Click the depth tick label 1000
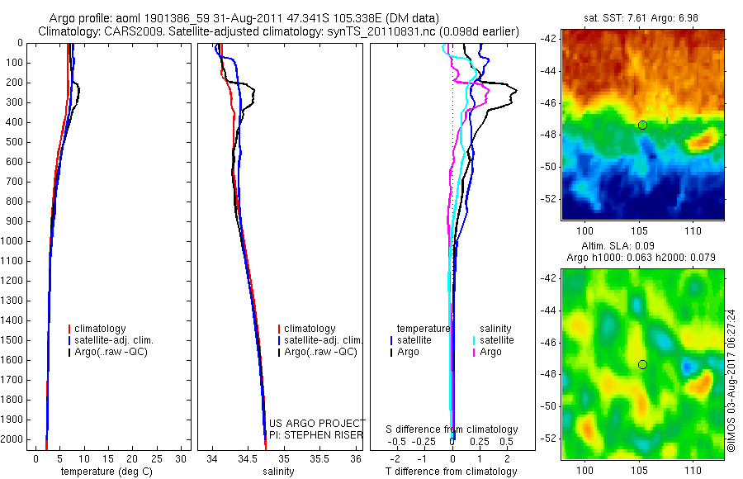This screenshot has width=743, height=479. pos(13,241)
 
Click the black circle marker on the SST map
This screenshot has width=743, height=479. pos(642,125)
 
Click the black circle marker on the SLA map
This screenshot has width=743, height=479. pos(642,364)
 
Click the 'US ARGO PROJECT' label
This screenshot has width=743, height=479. pos(317,423)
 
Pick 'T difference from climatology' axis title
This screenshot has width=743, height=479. pos(451,472)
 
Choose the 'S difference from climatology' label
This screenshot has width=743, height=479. pos(452,429)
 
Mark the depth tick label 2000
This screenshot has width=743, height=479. pos(13,439)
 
